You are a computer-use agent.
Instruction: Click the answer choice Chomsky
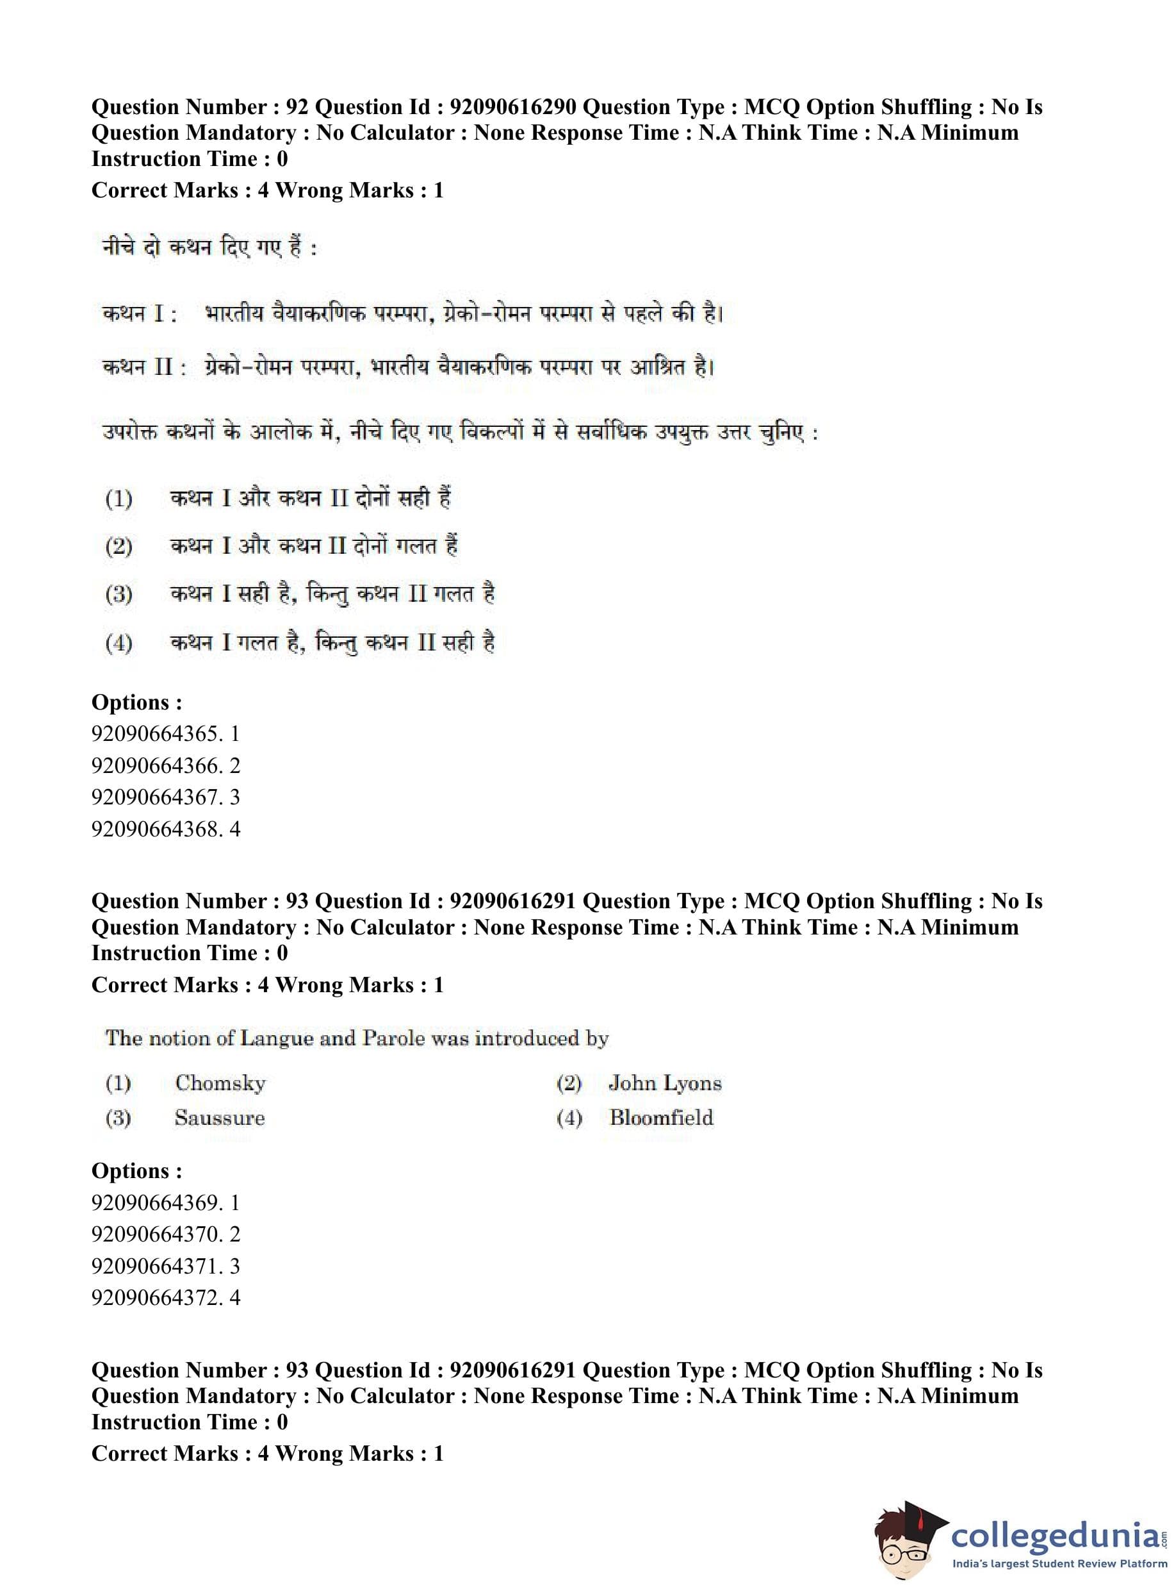(x=220, y=1083)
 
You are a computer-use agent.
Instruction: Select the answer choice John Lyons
(x=665, y=1083)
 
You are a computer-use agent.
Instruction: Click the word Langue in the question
(x=277, y=1038)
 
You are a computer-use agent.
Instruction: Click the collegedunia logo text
(x=1054, y=1534)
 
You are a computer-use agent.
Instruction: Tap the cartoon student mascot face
(x=904, y=1542)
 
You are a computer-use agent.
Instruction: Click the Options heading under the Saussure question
(x=136, y=1170)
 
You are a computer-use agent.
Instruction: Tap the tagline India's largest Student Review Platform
(x=1059, y=1563)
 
